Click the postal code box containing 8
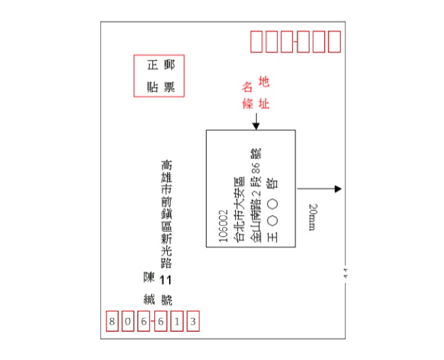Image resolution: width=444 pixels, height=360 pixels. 112,321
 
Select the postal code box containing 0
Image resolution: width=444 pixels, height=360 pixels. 128,321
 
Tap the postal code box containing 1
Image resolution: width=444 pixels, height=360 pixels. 177,321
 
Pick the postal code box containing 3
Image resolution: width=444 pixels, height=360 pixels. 193,321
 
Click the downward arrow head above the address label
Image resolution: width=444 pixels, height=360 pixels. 256,125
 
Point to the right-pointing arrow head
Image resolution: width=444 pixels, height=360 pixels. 338,189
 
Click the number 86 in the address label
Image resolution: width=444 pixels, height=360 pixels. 256,169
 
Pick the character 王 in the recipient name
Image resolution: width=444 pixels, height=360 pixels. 274,236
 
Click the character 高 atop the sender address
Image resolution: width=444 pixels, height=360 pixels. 166,165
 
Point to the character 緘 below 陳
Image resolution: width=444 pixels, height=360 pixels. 150,298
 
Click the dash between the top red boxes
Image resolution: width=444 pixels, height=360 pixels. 295,42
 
